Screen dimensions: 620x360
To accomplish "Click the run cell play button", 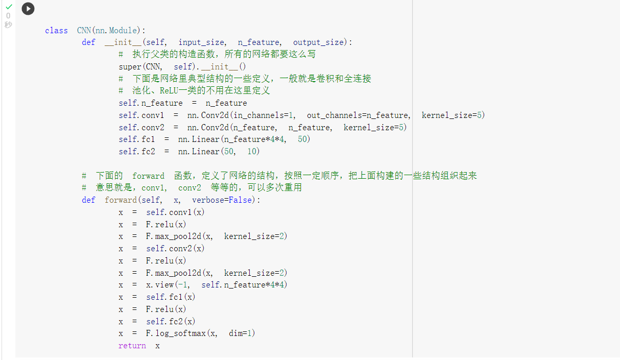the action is pyautogui.click(x=28, y=9).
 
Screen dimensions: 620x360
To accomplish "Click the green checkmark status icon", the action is pyautogui.click(x=8, y=7).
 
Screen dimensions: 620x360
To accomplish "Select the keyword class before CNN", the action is pyautogui.click(x=56, y=30).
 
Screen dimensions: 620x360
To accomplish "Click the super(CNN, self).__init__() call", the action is pyautogui.click(x=182, y=66).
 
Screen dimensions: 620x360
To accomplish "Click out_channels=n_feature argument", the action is pyautogui.click(x=358, y=115).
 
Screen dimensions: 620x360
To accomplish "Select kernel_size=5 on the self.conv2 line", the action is pyautogui.click(x=375, y=127).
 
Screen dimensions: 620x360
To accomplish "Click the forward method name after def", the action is pyautogui.click(x=121, y=200).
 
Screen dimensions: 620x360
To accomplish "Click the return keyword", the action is pyautogui.click(x=132, y=346).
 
